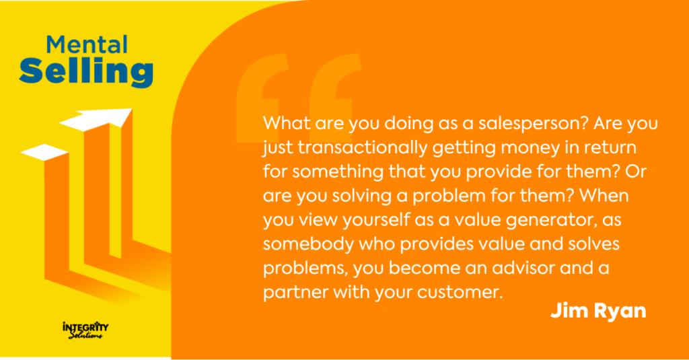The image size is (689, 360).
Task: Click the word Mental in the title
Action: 87,45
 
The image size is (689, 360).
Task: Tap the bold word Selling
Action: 86,71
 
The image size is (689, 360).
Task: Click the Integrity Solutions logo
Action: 85,330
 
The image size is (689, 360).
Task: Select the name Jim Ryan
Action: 598,311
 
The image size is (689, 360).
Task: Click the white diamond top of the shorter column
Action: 44,152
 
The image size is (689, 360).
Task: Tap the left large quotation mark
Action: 263,98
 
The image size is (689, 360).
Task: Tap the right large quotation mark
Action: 336,88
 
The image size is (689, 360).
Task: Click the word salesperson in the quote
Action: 533,124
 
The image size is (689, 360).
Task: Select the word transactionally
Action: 363,147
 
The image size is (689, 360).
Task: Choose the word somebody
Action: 308,244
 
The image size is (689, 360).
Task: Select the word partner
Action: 296,292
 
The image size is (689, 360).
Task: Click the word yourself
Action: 375,220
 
